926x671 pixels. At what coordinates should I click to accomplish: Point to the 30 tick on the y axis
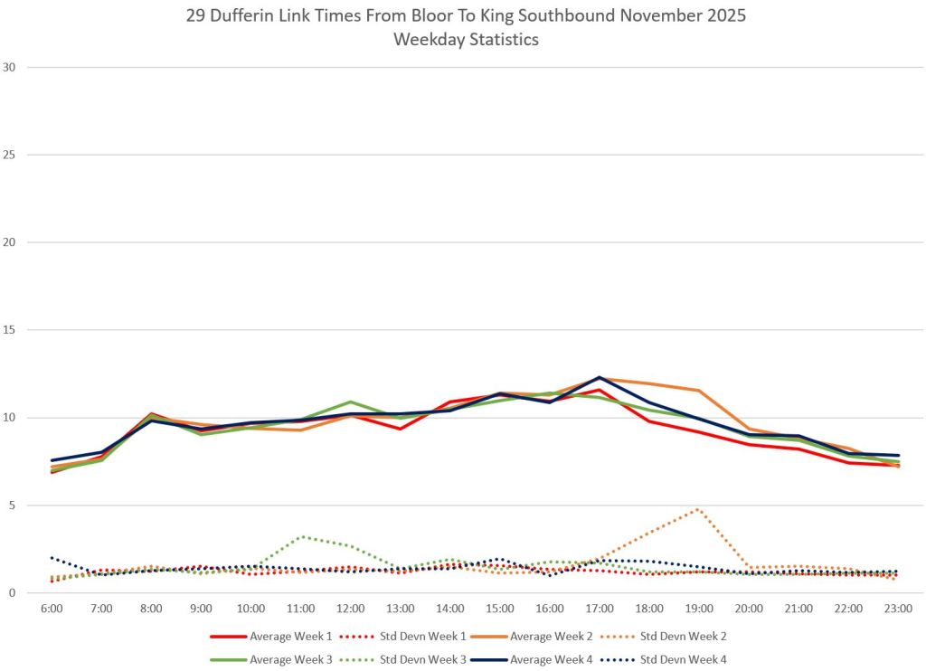10,67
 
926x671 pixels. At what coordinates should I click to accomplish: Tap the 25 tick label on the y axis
10,155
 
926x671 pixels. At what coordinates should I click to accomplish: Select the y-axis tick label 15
10,330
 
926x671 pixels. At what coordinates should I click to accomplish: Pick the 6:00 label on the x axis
52,610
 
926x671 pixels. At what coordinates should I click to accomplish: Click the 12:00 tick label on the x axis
351,610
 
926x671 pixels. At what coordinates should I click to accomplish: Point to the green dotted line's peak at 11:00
301,536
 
